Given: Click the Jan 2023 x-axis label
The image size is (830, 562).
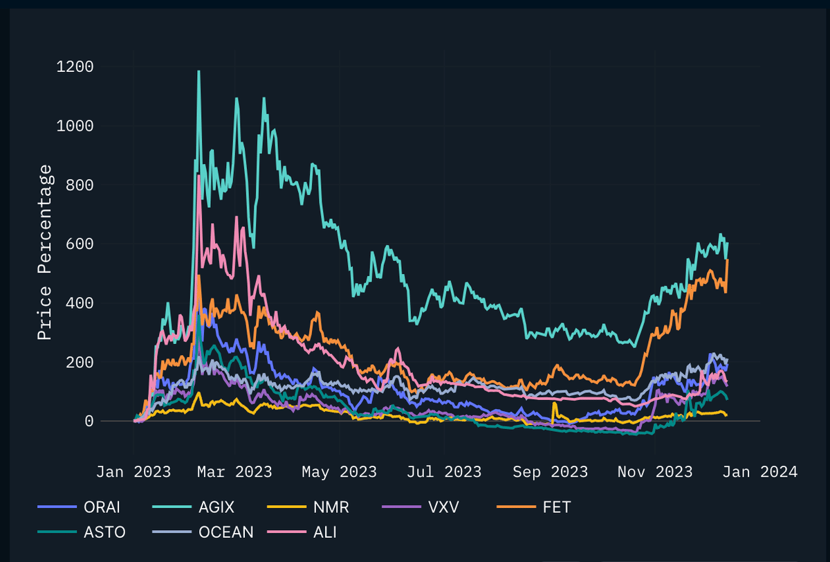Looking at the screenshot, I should tap(133, 472).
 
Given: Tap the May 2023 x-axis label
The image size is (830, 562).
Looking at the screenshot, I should tap(340, 472).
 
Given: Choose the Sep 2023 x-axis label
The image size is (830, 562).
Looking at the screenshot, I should tap(551, 472).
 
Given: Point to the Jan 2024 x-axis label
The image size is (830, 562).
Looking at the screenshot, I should tap(760, 472).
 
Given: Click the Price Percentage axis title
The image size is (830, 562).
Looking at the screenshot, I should tap(44, 252).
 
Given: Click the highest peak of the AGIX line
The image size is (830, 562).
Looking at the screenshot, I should tap(199, 71).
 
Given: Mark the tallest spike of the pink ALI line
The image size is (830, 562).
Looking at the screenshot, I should tap(199, 176).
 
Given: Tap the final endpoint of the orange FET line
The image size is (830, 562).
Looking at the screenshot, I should tap(727, 260).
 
